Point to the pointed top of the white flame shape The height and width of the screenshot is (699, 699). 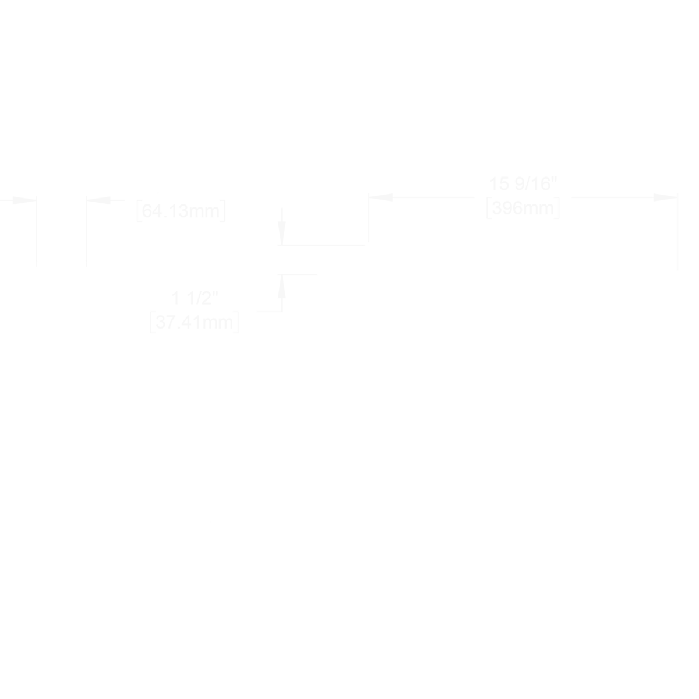[x=61, y=220]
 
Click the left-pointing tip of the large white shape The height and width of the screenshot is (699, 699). [x=284, y=450]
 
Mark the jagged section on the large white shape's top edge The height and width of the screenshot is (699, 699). [x=521, y=239]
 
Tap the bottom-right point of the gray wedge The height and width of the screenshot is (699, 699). [x=353, y=522]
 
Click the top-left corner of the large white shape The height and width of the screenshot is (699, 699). [x=320, y=259]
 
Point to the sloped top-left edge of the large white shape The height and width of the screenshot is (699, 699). [x=343, y=251]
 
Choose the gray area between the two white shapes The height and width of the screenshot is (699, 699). [x=204, y=349]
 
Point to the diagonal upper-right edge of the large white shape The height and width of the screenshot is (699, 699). [x=658, y=253]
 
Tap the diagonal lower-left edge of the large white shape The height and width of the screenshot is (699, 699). [x=302, y=428]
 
